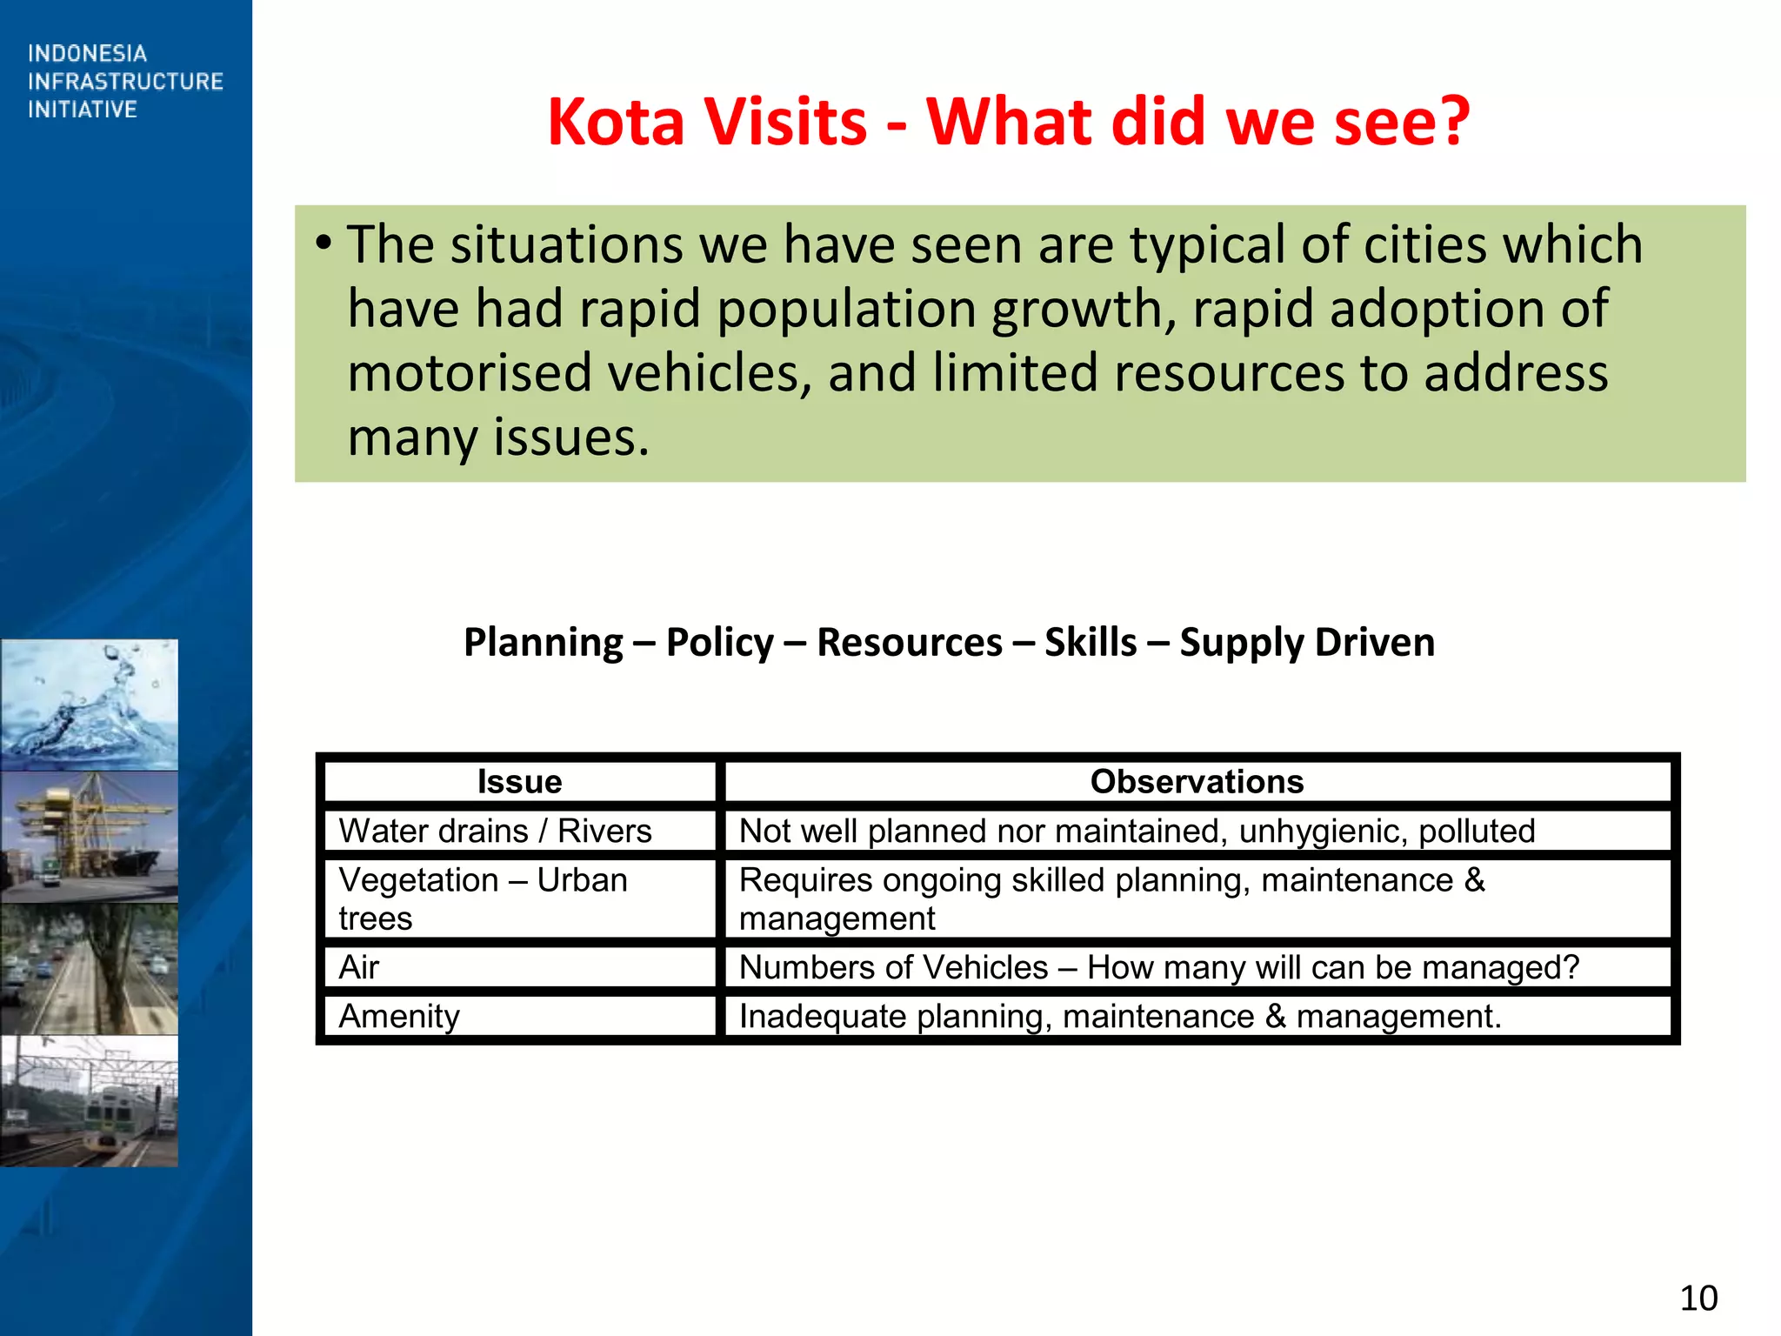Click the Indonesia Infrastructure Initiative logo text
(x=125, y=81)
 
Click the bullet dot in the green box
(x=324, y=244)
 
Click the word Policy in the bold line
(x=719, y=643)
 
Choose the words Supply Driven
(x=1306, y=643)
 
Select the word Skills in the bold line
(x=1091, y=643)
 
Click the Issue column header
(x=519, y=781)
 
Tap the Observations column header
(x=1197, y=781)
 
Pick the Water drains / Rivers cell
(x=495, y=831)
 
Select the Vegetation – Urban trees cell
(x=483, y=898)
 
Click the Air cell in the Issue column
(x=359, y=967)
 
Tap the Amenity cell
(x=399, y=1016)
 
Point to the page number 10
(x=1698, y=1298)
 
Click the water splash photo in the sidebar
(x=89, y=705)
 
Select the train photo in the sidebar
(x=89, y=1100)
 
